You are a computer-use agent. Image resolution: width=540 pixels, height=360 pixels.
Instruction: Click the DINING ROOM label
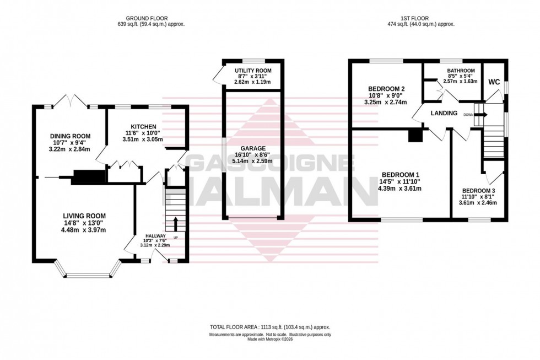(70, 136)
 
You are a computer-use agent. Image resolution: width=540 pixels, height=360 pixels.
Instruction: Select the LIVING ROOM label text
(84, 216)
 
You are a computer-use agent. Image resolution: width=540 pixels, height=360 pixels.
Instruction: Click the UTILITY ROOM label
(250, 71)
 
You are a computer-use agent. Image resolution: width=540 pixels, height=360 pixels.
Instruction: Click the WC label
(494, 82)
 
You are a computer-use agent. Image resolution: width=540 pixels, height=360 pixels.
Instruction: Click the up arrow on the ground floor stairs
(176, 223)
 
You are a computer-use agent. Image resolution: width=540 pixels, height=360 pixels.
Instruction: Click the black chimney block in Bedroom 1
(414, 136)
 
